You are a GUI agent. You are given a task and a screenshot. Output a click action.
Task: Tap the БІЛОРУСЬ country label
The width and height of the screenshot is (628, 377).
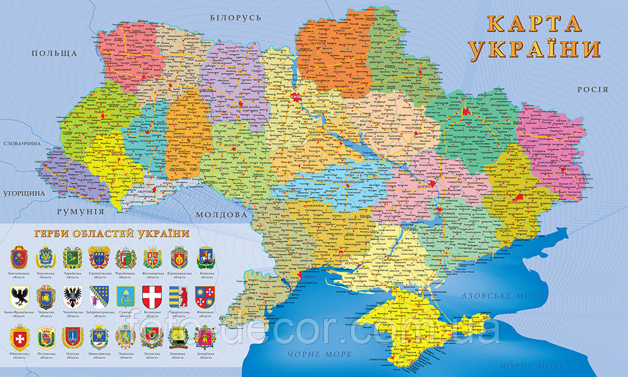point(235,18)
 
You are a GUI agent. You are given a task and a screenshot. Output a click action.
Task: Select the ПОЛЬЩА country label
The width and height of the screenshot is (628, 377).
point(54,54)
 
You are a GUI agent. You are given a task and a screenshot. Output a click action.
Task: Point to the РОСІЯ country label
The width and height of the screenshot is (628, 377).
point(592,90)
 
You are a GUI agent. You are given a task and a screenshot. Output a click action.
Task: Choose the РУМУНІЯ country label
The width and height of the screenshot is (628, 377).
point(80,211)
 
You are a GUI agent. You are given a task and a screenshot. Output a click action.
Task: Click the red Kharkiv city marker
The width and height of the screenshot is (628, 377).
point(465,109)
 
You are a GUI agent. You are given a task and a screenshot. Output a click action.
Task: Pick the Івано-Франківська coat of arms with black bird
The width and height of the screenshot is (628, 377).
point(20,296)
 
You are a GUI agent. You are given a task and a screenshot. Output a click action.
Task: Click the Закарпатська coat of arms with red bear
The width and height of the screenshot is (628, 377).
point(179,296)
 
